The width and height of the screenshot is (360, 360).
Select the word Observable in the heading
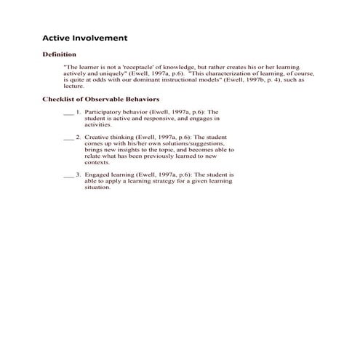point(108,99)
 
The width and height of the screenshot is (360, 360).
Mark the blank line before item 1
point(69,114)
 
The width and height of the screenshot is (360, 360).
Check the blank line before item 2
point(69,137)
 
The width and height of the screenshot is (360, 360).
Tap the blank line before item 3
point(69,177)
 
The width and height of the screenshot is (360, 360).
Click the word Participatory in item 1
point(105,113)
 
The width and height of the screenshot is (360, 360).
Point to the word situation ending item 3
point(98,187)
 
